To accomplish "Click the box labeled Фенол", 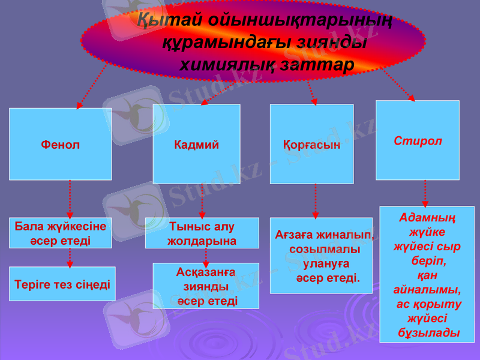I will point(60,144).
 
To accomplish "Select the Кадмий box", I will point(196,144).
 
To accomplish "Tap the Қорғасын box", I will point(311,144).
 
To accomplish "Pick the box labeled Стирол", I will point(418,140).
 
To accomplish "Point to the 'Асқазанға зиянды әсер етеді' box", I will point(206,286).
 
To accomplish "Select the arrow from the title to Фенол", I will point(92,86).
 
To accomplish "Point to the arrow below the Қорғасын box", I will point(316,201).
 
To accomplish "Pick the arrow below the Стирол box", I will point(425,193).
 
